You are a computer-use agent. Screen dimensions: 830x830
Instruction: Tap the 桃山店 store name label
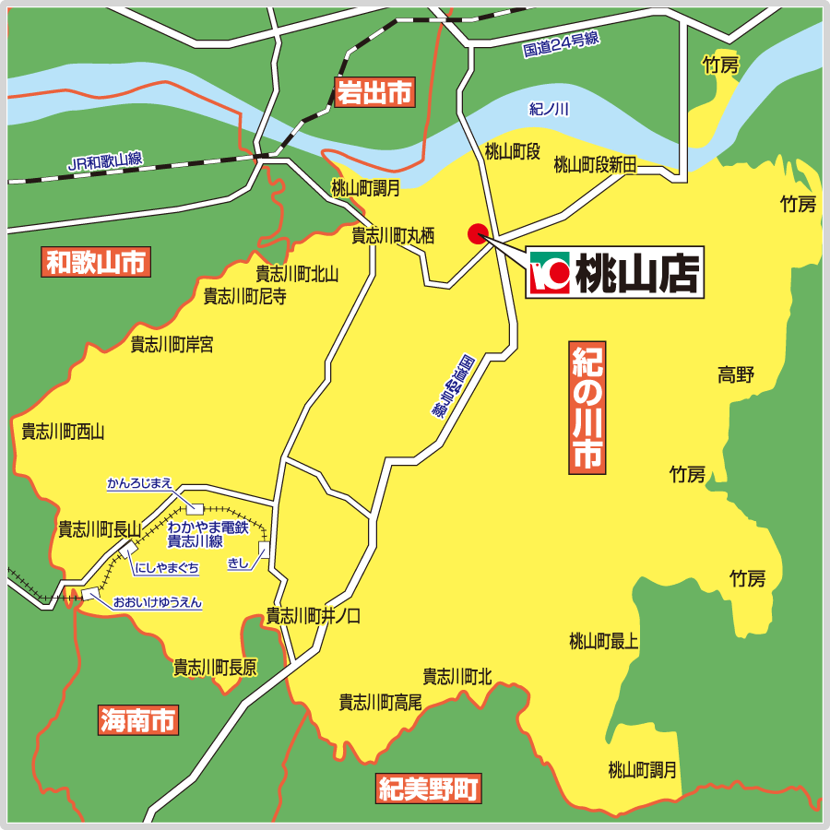pos(636,272)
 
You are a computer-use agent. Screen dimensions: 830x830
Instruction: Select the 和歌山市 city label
pos(96,263)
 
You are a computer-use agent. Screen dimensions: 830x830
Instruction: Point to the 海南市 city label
pos(139,719)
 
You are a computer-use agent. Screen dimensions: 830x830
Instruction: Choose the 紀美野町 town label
pos(429,789)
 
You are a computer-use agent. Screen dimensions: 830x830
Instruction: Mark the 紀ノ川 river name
pos(550,109)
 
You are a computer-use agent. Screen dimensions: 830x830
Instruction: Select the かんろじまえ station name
pos(139,483)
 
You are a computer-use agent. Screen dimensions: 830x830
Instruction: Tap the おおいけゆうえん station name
pos(157,602)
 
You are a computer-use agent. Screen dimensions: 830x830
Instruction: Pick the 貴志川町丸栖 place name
pos(393,235)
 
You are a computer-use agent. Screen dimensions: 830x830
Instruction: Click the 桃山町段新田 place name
pos(596,164)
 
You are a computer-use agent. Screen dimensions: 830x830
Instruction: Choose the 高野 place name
pos(736,374)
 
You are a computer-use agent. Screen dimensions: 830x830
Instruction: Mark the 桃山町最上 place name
pos(603,641)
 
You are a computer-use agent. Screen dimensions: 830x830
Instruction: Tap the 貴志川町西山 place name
pos(64,432)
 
